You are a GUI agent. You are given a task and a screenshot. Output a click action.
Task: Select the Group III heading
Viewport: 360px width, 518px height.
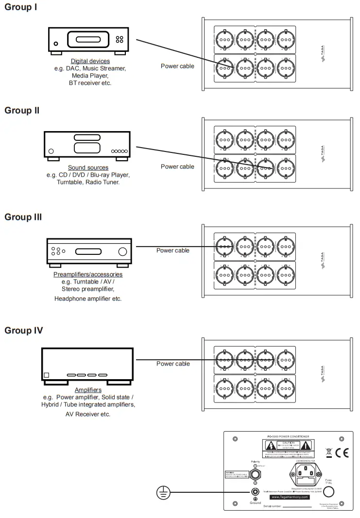click(x=23, y=217)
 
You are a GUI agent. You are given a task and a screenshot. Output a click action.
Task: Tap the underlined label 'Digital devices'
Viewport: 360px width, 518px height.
click(x=90, y=61)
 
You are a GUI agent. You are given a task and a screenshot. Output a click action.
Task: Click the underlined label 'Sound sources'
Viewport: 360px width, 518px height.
click(x=88, y=167)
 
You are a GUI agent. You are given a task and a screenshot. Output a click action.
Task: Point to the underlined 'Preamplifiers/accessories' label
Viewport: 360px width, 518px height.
click(x=88, y=274)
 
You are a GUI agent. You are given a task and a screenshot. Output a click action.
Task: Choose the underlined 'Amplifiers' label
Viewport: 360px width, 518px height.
click(x=88, y=390)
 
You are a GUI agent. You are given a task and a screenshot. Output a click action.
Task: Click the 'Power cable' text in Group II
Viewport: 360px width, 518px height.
click(x=177, y=167)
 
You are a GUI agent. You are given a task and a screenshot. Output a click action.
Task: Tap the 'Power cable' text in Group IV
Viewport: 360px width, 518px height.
click(x=173, y=364)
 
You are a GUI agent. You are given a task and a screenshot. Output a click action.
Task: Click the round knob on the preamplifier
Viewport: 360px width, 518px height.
click(x=122, y=251)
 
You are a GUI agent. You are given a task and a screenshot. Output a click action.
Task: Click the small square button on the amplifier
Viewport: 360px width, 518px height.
click(x=47, y=375)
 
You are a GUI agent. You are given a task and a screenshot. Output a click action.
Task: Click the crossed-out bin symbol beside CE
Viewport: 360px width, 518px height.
click(x=329, y=453)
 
